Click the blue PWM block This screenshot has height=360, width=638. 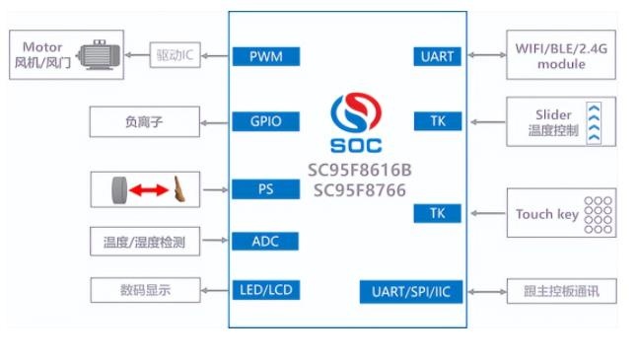click(266, 56)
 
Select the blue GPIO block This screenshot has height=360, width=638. click(265, 121)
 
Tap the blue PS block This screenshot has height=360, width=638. click(265, 189)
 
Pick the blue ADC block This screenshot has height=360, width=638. click(265, 242)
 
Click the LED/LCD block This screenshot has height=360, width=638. click(266, 290)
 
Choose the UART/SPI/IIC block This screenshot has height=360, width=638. click(411, 292)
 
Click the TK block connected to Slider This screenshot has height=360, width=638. click(438, 121)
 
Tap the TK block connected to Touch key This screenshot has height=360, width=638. click(438, 213)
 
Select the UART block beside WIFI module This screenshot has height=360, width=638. click(438, 56)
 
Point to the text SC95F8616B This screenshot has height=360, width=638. click(360, 170)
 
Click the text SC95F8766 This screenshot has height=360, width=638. click(360, 190)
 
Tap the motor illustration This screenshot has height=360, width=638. click(100, 55)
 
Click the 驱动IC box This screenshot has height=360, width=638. click(175, 55)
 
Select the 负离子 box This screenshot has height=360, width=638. click(145, 121)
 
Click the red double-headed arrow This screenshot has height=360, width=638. click(149, 190)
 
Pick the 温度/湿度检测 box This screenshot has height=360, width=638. click(145, 242)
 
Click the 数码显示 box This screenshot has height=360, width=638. click(145, 290)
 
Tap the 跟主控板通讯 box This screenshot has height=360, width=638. click(561, 291)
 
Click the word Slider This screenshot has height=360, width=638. click(553, 114)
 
